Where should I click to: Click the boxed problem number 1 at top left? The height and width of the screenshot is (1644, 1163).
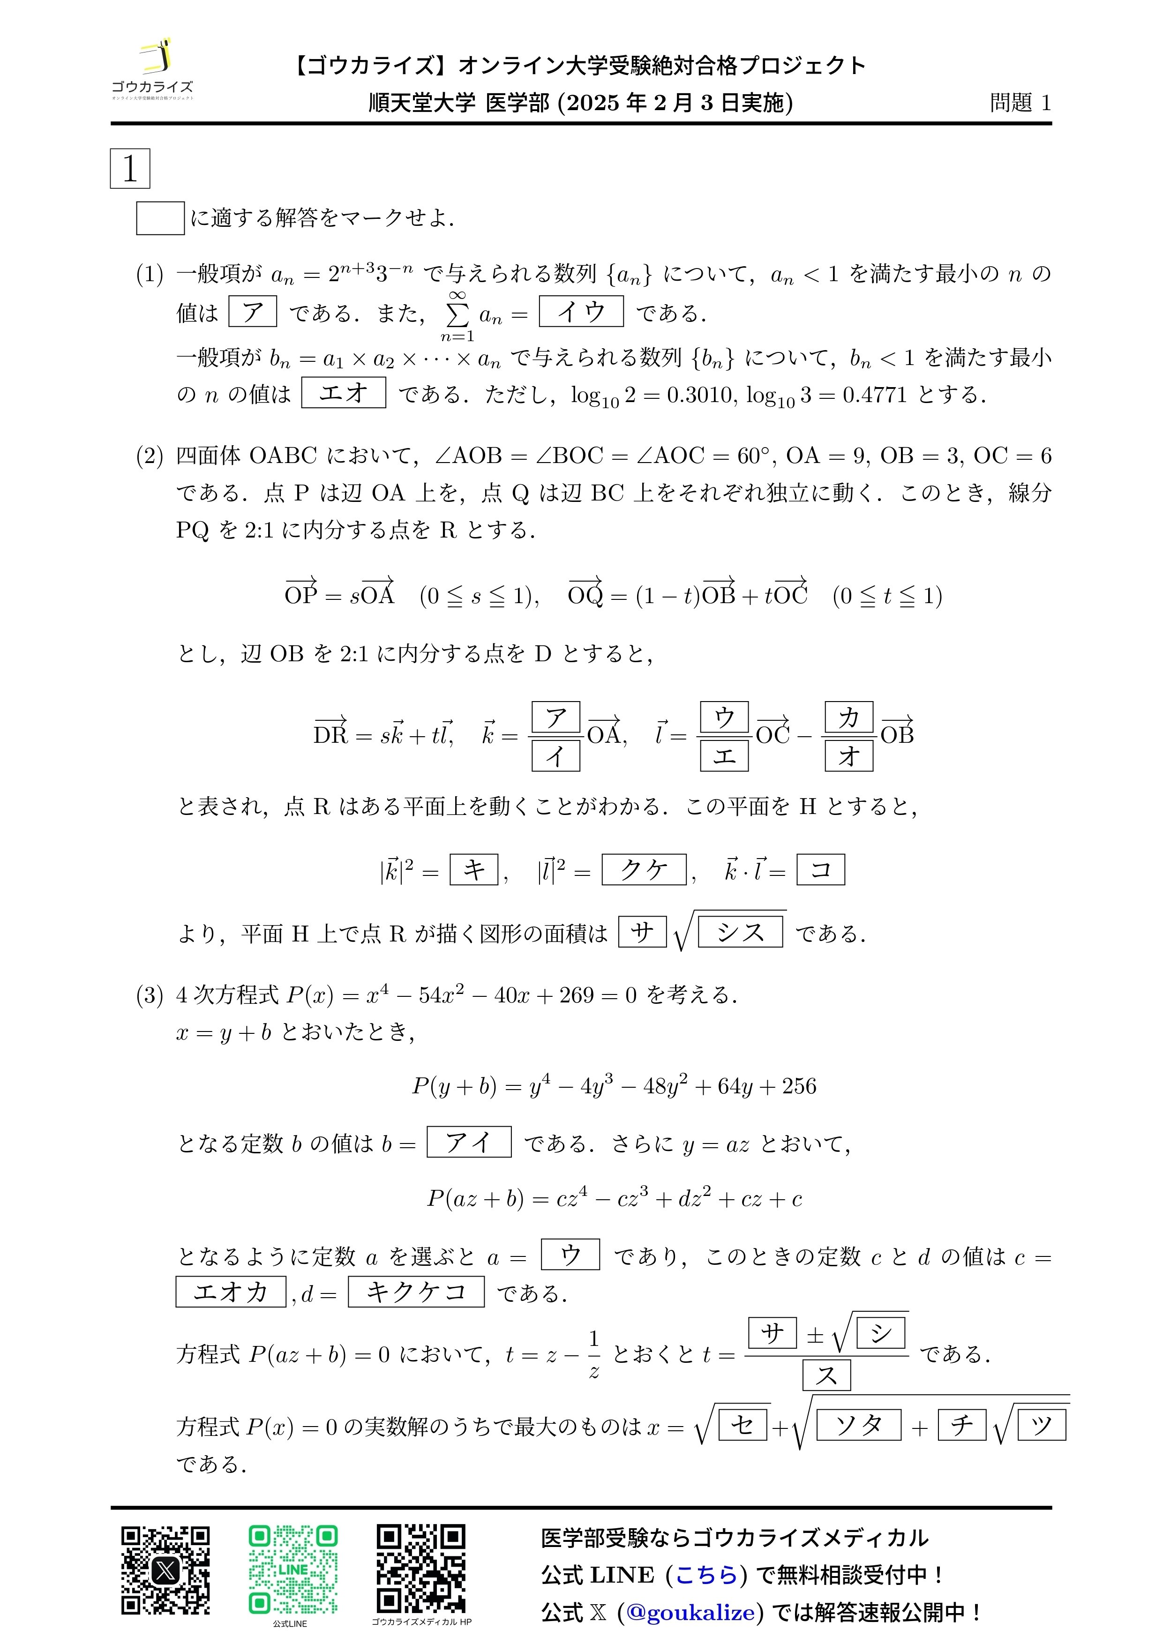(130, 169)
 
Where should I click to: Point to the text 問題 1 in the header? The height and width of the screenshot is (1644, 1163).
(1020, 103)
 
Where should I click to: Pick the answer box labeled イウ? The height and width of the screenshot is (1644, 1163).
(581, 312)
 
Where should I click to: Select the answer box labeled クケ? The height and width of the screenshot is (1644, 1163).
(644, 869)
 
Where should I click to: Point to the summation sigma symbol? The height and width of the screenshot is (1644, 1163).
(457, 314)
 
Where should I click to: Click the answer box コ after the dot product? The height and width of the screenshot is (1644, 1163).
(821, 869)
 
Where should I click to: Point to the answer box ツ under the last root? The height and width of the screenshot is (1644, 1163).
(1041, 1425)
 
